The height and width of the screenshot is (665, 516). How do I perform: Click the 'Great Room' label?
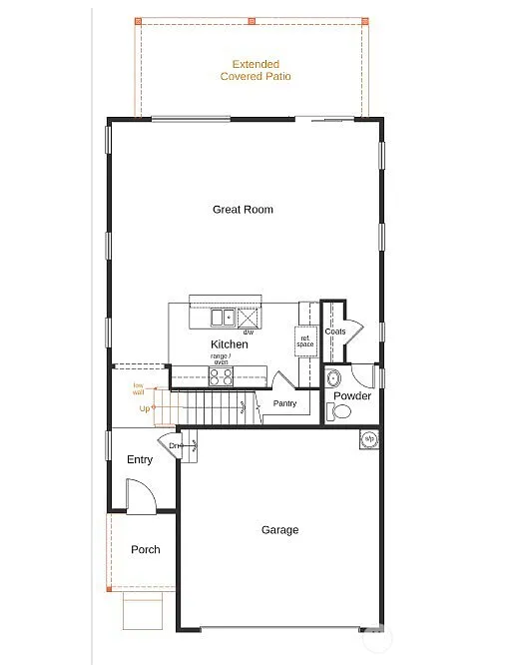coord(243,210)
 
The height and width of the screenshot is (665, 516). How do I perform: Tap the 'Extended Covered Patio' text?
coord(256,70)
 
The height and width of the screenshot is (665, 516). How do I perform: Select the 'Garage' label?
coord(279,530)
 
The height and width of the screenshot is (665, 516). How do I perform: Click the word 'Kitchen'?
coord(229,344)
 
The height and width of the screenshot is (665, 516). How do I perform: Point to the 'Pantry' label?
coord(284,403)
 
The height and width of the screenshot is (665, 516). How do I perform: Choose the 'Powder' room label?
coord(351,396)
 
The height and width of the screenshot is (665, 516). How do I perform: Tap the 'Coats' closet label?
coord(335,332)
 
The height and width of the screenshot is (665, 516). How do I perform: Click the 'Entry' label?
coord(140,459)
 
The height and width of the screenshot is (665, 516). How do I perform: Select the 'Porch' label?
coord(146,549)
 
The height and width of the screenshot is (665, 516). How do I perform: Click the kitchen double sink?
coord(222,318)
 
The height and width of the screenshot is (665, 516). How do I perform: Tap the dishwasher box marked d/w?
coord(248,319)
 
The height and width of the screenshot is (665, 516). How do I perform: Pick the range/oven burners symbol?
coord(221,375)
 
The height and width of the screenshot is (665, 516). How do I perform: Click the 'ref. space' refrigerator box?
coord(305,340)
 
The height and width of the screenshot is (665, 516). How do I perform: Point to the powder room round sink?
coord(334,378)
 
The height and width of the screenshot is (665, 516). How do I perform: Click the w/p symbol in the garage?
coord(368,438)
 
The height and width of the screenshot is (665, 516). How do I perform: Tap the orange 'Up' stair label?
coord(146,408)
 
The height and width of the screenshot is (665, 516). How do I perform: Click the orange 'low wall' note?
coord(139,388)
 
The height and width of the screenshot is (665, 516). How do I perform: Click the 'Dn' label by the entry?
coord(174,445)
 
